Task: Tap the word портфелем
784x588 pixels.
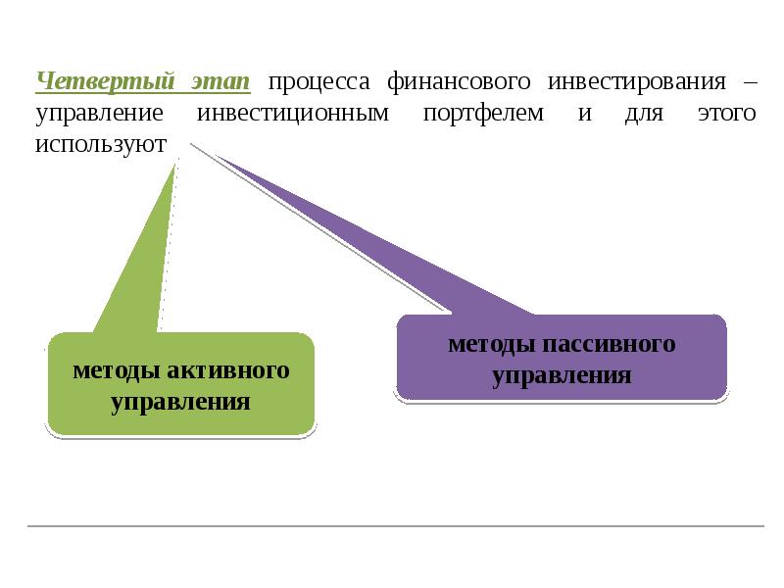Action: (x=484, y=114)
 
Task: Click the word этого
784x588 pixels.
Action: (x=726, y=114)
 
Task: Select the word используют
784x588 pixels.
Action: (x=101, y=145)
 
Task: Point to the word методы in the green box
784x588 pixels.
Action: (x=115, y=371)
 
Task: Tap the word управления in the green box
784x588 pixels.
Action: (x=180, y=402)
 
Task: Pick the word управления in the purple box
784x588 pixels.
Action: (x=562, y=374)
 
